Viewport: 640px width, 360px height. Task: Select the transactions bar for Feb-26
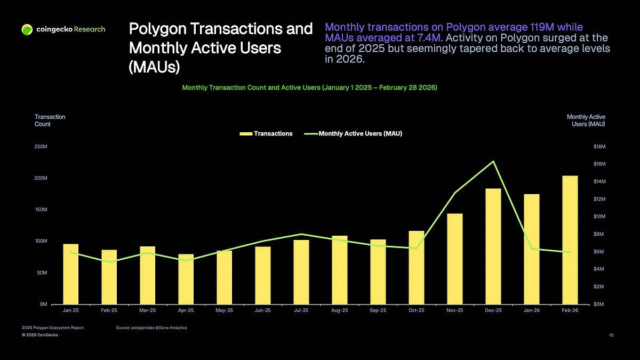(x=570, y=240)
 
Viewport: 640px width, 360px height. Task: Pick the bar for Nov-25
(x=455, y=259)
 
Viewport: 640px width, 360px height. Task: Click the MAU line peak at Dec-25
(x=493, y=161)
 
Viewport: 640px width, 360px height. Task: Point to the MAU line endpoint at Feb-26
(x=570, y=252)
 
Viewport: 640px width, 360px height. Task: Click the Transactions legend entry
(x=267, y=134)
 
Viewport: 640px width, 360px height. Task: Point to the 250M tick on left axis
(x=42, y=147)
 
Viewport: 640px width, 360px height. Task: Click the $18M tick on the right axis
(x=599, y=147)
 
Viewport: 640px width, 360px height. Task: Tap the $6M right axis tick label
(x=599, y=252)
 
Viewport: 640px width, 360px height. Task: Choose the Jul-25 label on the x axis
(x=301, y=310)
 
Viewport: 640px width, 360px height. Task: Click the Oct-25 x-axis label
(x=417, y=310)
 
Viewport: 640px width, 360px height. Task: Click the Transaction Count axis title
(x=50, y=120)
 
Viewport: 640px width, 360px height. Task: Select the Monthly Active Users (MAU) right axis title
(x=586, y=120)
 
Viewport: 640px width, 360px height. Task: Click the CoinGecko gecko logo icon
(x=27, y=29)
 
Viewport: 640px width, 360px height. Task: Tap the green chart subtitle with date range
(x=310, y=87)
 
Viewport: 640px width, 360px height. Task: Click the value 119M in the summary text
(x=534, y=27)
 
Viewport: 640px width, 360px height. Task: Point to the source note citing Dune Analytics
(x=151, y=327)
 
